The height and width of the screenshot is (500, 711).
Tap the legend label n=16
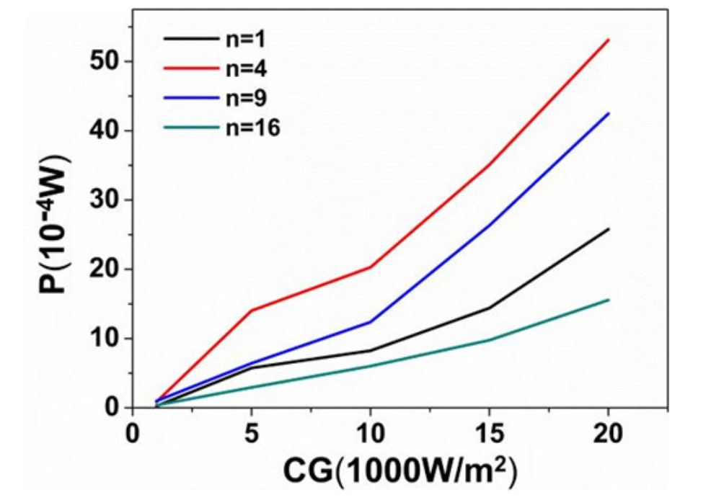pos(249,128)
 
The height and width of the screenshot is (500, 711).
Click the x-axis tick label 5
pos(251,437)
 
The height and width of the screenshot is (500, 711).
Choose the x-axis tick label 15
pos(489,437)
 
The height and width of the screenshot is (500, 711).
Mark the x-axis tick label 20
pos(608,437)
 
